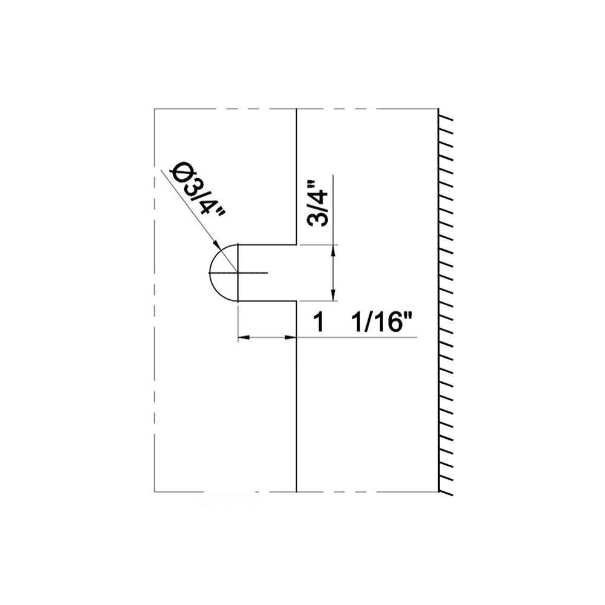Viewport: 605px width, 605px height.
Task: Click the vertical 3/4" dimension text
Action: pyautogui.click(x=318, y=203)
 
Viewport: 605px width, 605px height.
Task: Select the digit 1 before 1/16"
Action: pyautogui.click(x=319, y=323)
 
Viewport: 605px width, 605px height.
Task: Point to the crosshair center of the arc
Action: pyautogui.click(x=238, y=273)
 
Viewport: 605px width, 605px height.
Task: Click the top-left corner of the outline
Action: pyautogui.click(x=155, y=109)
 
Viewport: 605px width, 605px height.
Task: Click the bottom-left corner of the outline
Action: pyautogui.click(x=155, y=491)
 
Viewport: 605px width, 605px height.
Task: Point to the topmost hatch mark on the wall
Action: pyautogui.click(x=446, y=114)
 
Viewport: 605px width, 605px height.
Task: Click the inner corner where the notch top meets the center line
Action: pyautogui.click(x=296, y=244)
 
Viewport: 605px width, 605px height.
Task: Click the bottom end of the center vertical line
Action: pyautogui.click(x=296, y=491)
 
